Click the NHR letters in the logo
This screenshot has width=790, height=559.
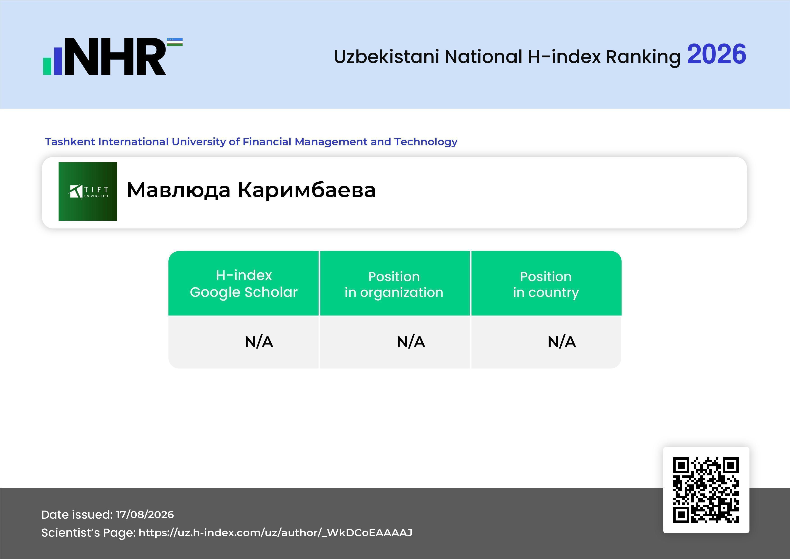(x=115, y=57)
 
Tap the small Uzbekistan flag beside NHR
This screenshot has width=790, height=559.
(x=175, y=42)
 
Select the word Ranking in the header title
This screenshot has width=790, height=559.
(x=643, y=57)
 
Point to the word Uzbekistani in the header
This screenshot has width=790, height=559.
(x=386, y=57)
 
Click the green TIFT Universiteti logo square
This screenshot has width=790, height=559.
(x=88, y=191)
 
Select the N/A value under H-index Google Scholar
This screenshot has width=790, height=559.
(x=259, y=342)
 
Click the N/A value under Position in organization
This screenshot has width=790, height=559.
(x=411, y=342)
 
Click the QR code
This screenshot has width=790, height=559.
(x=706, y=490)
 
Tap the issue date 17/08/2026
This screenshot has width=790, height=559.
(x=145, y=515)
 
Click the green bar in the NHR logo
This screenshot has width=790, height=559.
(x=47, y=66)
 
